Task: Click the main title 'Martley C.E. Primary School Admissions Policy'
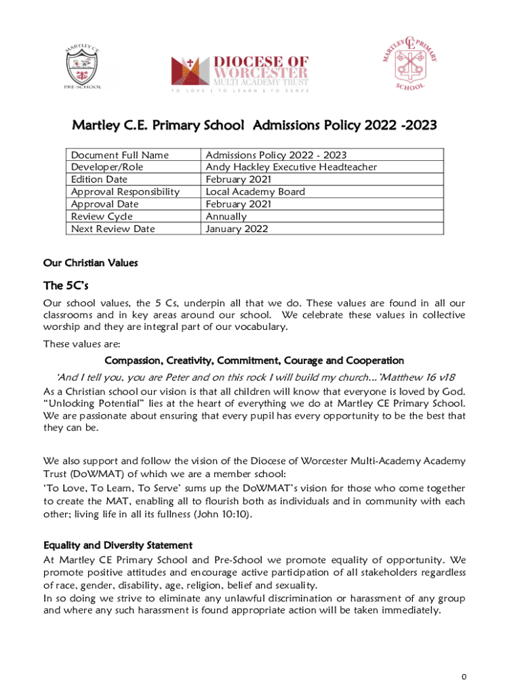click(254, 126)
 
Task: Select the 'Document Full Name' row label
click(120, 155)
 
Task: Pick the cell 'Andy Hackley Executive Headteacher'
click(291, 167)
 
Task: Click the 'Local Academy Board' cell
click(255, 192)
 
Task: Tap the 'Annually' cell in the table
click(226, 217)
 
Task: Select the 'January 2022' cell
click(237, 229)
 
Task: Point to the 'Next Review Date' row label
click(113, 229)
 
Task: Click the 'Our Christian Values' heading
click(91, 263)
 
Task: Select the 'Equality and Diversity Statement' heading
click(117, 545)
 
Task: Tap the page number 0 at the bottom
click(464, 677)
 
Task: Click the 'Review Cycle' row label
click(102, 217)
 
